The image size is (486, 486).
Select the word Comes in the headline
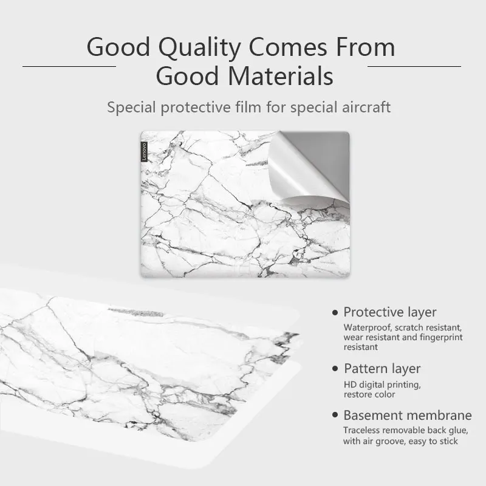[288, 47]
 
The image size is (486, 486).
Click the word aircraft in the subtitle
[366, 108]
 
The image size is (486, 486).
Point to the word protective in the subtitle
[196, 108]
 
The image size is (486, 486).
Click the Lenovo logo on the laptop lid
[144, 151]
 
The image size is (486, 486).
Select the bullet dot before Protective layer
[335, 312]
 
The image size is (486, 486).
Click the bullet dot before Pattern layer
[335, 369]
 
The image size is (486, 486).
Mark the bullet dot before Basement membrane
[335, 415]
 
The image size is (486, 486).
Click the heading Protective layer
[390, 312]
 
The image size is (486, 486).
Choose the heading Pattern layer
[382, 369]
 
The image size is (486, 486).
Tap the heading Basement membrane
[408, 416]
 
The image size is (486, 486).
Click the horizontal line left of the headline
[69, 66]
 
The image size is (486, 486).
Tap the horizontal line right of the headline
[414, 66]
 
